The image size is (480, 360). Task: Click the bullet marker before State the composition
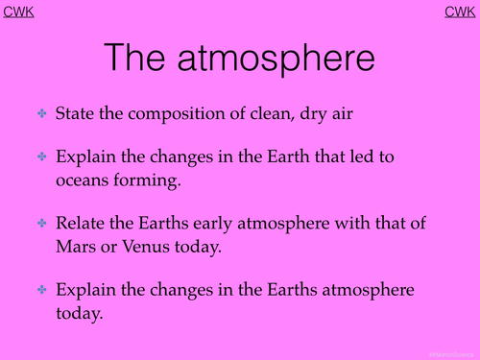point(42,113)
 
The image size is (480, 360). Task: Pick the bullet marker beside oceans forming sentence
point(42,156)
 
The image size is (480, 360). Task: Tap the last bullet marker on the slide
point(42,289)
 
